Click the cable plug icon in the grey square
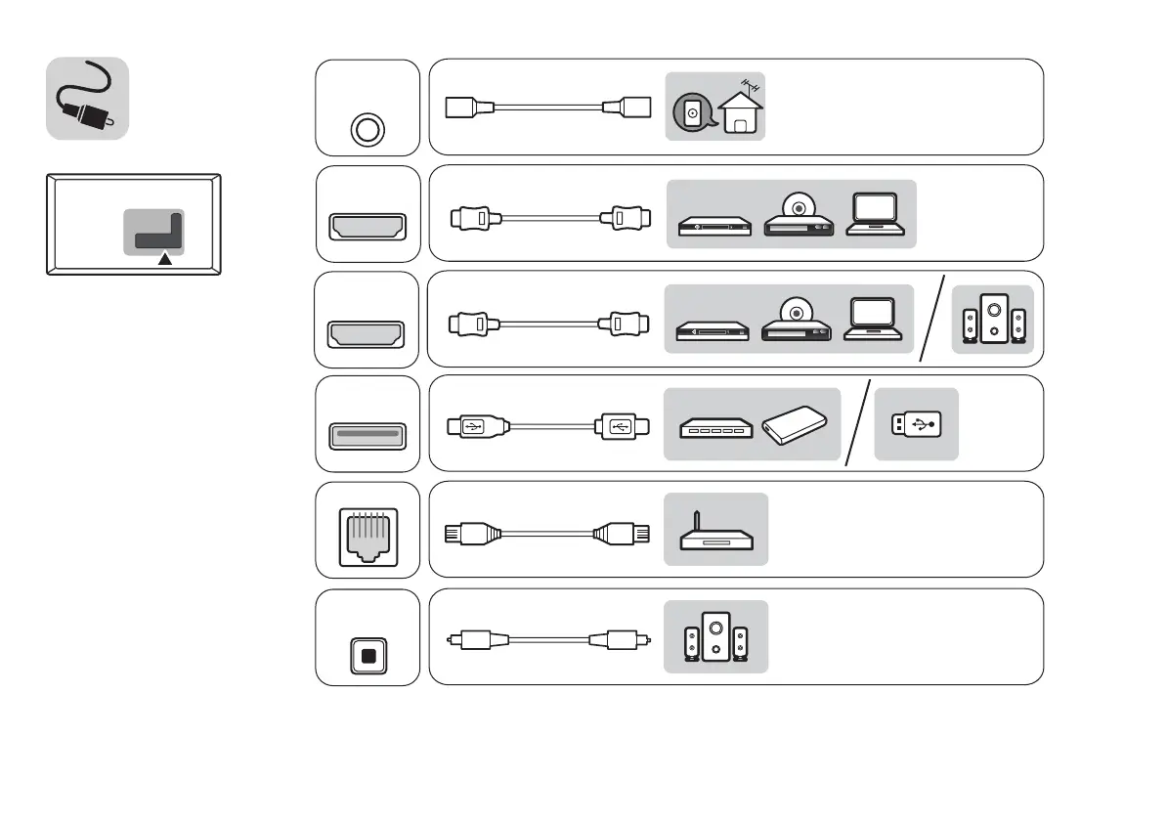click(x=87, y=98)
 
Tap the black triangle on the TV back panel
click(x=165, y=259)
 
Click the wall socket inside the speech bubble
click(x=692, y=113)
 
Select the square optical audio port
click(x=367, y=656)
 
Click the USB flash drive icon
click(x=917, y=424)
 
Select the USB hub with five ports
click(x=714, y=429)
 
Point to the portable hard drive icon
click(x=797, y=427)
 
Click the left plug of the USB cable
click(x=473, y=426)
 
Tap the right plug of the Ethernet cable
click(x=620, y=534)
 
